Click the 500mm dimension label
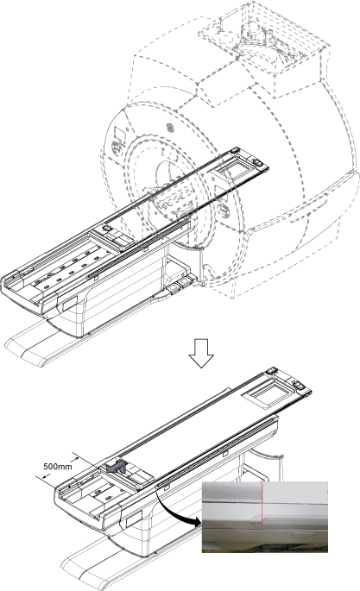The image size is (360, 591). click(57, 466)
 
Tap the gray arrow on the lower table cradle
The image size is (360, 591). click(117, 467)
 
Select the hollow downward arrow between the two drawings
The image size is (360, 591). click(201, 353)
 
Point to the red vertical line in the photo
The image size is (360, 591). click(262, 506)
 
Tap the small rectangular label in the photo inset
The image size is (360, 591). click(301, 534)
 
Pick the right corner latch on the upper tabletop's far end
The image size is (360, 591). click(258, 162)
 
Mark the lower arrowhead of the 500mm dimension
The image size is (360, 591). click(46, 477)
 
